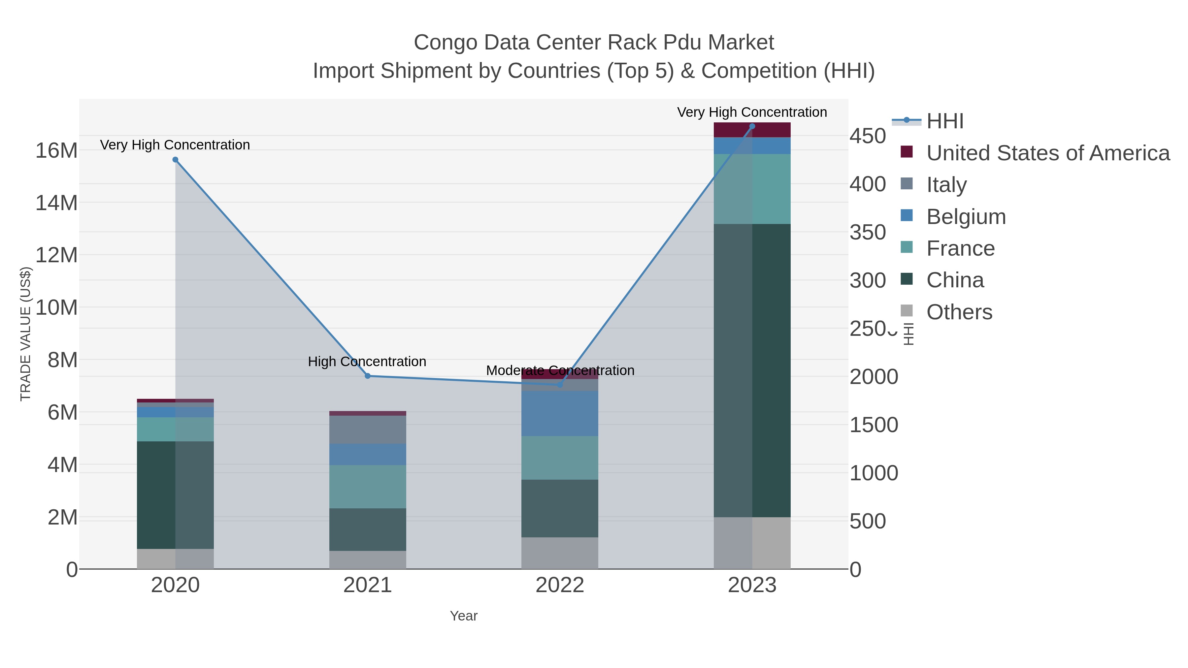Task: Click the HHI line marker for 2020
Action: pyautogui.click(x=175, y=160)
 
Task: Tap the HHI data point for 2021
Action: pyautogui.click(x=368, y=376)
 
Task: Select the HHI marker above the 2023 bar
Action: pyautogui.click(x=752, y=126)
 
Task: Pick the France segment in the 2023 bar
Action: pyautogui.click(x=752, y=189)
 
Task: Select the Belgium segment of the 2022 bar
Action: pyautogui.click(x=560, y=414)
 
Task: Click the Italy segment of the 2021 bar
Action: pyautogui.click(x=368, y=429)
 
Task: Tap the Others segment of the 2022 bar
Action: pyautogui.click(x=560, y=553)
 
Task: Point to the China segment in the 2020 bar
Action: pyautogui.click(x=175, y=495)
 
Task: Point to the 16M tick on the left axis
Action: pyautogui.click(x=56, y=150)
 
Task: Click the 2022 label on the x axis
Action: pyautogui.click(x=560, y=585)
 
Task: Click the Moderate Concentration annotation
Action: pyautogui.click(x=560, y=370)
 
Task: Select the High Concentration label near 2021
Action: pyautogui.click(x=367, y=362)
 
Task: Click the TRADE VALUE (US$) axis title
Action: pyautogui.click(x=26, y=334)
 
